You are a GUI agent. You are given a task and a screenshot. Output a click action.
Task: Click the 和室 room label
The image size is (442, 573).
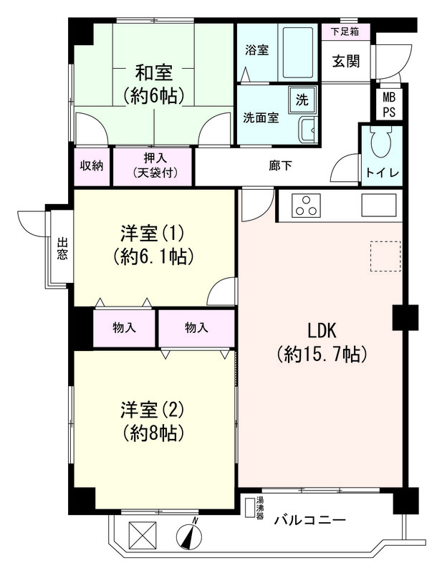(153, 72)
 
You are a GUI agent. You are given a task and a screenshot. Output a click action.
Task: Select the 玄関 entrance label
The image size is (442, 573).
(345, 61)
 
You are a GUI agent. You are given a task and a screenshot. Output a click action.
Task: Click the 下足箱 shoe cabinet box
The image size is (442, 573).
(345, 32)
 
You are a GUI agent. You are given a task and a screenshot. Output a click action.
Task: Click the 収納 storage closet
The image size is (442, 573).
(91, 166)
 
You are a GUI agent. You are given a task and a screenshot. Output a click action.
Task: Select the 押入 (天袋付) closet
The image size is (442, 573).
(153, 166)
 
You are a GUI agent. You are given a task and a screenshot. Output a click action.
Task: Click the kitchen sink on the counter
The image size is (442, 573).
(378, 205)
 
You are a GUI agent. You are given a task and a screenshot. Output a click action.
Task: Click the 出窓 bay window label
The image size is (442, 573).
(61, 249)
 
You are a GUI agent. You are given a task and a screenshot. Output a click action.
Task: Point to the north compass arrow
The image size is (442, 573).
(191, 534)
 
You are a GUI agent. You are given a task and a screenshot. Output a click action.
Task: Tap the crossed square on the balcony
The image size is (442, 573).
(139, 534)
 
